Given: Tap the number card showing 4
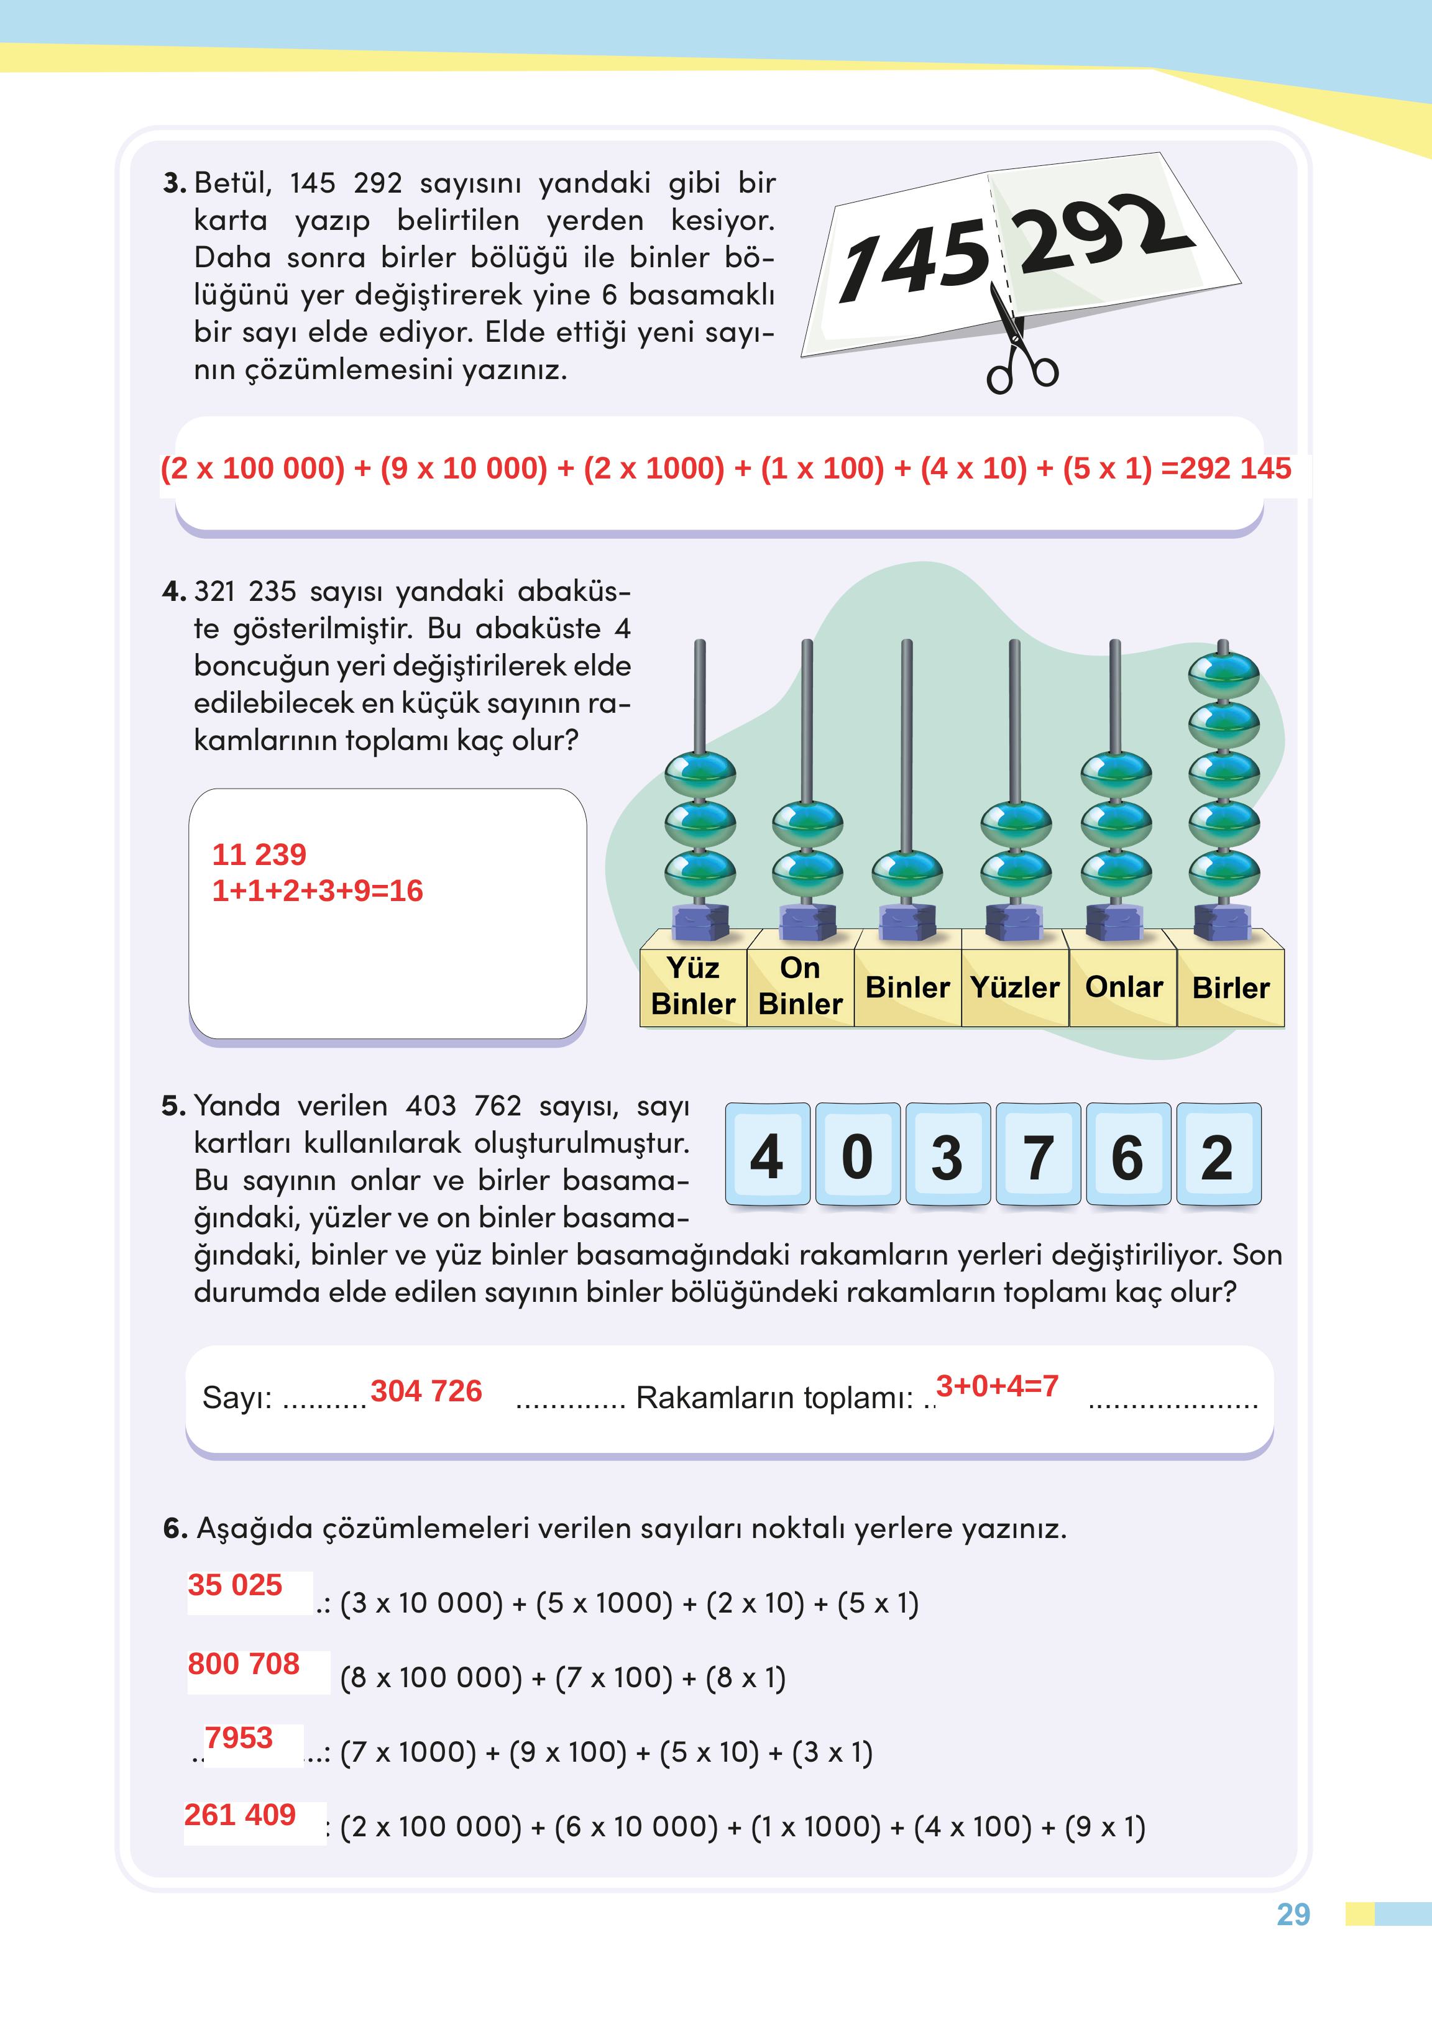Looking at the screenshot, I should pos(767,1155).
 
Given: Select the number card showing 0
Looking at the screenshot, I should pos(858,1155).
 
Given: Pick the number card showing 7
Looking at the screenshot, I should pos(1038,1155).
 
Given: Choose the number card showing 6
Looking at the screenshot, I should pos(1128,1155).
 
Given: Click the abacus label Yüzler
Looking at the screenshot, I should pos(1015,987).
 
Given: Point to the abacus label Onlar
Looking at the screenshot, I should pos(1123,987).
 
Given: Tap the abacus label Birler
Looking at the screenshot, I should pos(1231,987).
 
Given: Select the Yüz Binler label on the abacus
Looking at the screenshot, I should pos(693,986).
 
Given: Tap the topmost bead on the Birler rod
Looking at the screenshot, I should pos(1223,676).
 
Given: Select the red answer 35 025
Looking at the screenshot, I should pos(234,1585).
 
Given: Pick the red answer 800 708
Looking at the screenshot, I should pos(244,1664).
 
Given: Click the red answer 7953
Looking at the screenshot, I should pos(239,1737).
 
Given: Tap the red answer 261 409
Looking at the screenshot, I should pos(240,1815).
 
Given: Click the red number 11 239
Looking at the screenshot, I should pos(259,854).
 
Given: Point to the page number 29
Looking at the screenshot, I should pos(1293,1915).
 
